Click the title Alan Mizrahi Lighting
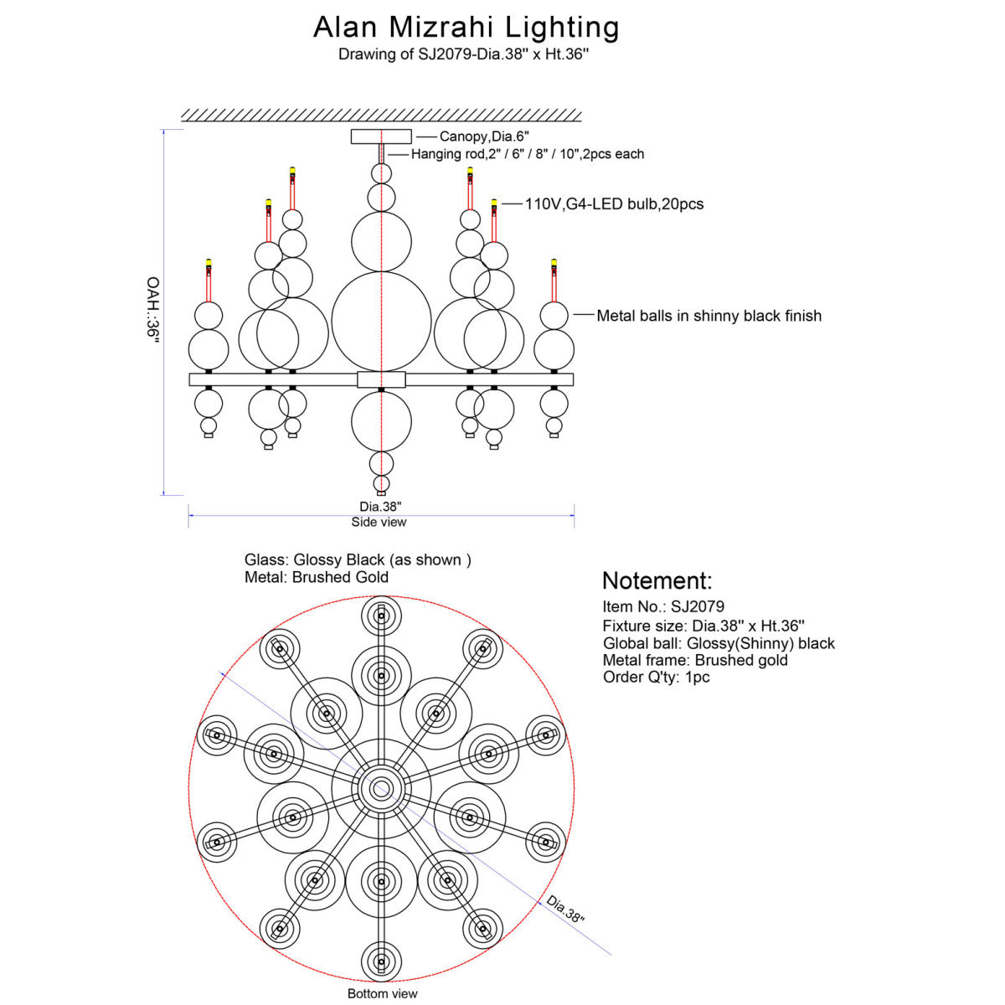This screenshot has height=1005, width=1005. click(x=466, y=28)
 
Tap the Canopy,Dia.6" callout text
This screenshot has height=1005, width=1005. click(x=484, y=137)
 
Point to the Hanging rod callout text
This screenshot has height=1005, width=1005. click(x=528, y=154)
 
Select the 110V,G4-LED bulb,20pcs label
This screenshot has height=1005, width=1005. click(x=614, y=204)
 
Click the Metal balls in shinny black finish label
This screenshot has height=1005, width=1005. click(x=709, y=316)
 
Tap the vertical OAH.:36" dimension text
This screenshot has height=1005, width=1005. click(x=152, y=311)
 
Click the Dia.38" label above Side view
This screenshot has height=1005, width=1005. click(x=380, y=507)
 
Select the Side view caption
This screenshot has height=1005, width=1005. click(x=379, y=522)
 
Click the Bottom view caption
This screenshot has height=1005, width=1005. click(x=382, y=993)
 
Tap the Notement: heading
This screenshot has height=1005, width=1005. click(x=657, y=580)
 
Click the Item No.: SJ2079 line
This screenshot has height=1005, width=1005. click(x=663, y=606)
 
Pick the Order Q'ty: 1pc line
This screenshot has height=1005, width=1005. click(x=656, y=677)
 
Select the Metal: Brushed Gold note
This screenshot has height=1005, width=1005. click(x=317, y=577)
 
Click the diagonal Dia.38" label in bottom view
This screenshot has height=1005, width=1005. click(x=565, y=909)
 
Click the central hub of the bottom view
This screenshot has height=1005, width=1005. click(x=381, y=789)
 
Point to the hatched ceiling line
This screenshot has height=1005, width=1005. click(x=381, y=116)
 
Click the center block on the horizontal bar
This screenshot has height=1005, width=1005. click(x=381, y=379)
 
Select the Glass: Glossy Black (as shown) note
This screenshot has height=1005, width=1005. click(x=358, y=559)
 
